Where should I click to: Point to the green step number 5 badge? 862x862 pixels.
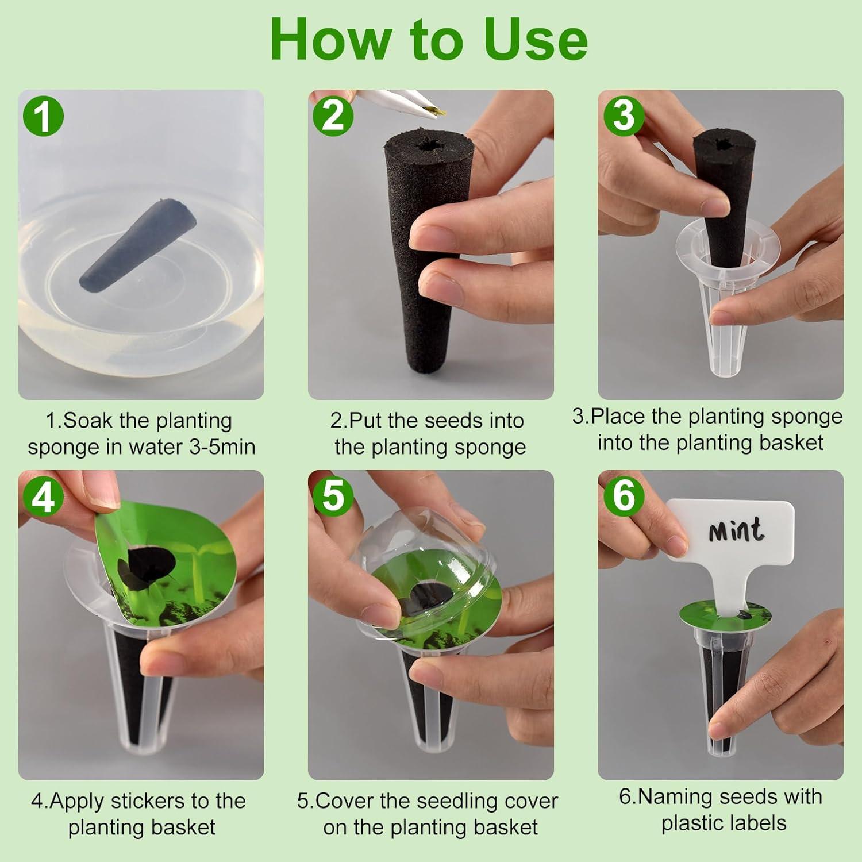coord(333,495)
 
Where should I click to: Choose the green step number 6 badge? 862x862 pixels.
coord(624,495)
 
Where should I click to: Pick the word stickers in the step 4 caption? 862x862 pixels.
coord(150,801)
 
